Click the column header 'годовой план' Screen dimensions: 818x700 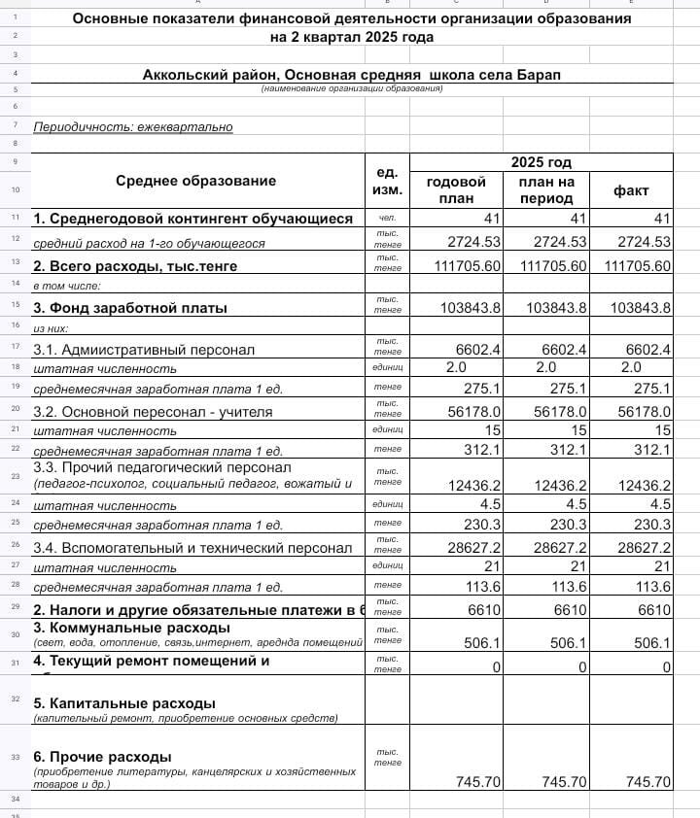(x=456, y=190)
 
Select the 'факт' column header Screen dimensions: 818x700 (x=630, y=190)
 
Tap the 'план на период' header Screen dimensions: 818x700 (x=546, y=190)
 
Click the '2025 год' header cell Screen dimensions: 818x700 (x=541, y=162)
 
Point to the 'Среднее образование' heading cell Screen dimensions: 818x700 (x=195, y=180)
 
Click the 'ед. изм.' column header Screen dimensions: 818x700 (x=388, y=181)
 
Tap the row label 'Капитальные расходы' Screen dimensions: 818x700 (x=124, y=702)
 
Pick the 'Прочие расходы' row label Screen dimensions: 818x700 (x=102, y=756)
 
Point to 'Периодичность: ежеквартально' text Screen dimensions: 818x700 (x=133, y=126)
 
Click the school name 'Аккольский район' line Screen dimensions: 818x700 (x=351, y=75)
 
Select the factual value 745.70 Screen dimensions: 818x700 (x=648, y=781)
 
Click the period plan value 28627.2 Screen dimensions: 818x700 (x=559, y=548)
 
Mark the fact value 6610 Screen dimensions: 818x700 (x=651, y=609)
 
